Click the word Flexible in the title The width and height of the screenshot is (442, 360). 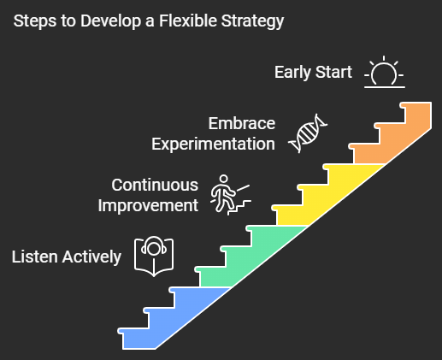188,21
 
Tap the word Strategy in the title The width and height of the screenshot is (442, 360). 252,21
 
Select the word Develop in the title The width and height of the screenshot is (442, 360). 110,21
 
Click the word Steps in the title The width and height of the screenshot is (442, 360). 35,21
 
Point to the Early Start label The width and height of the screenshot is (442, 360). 313,72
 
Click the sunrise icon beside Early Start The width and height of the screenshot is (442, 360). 385,72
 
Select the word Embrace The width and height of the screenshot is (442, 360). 242,123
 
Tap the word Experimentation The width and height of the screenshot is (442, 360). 213,145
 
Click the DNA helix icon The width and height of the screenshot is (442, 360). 308,133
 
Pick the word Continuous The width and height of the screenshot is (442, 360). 155,185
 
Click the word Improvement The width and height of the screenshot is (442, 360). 148,206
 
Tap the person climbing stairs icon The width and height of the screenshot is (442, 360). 231,195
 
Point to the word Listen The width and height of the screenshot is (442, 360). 35,257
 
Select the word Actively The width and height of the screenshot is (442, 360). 91,257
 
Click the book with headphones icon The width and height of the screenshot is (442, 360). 154,257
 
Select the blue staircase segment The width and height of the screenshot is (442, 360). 174,319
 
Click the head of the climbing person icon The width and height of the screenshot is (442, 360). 224,180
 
